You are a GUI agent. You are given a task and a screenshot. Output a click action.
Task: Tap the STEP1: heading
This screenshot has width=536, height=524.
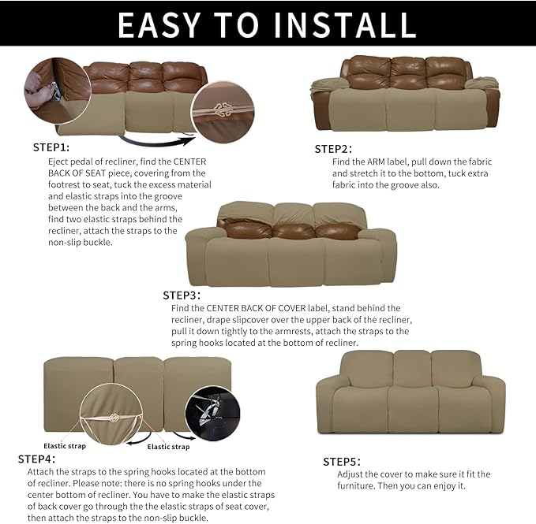click(x=51, y=147)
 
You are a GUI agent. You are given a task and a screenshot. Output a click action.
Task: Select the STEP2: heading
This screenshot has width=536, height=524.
click(x=333, y=149)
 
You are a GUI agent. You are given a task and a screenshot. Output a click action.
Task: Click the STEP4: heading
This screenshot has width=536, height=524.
click(x=36, y=459)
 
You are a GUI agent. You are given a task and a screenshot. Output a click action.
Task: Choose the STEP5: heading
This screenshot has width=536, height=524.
click(x=342, y=461)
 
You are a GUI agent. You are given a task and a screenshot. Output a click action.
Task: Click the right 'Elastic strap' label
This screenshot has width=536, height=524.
click(x=168, y=447)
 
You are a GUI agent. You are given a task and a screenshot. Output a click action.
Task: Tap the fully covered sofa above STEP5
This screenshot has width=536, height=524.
click(x=410, y=392)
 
